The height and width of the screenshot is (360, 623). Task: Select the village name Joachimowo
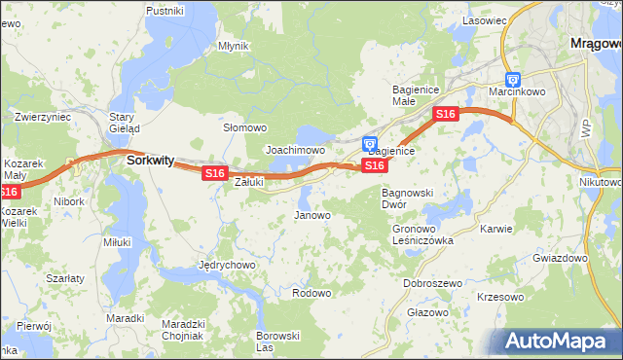point(295,151)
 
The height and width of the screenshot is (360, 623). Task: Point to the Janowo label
point(312,215)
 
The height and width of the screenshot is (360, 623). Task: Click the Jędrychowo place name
point(226,265)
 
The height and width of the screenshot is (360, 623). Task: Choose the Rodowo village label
point(311,293)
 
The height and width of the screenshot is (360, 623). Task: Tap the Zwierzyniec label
point(43,117)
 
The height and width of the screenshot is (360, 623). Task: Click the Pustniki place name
point(165,11)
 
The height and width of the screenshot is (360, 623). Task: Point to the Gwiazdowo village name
point(560,259)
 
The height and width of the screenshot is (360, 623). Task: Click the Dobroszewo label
point(432,283)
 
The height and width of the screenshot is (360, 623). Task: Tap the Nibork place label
point(69,201)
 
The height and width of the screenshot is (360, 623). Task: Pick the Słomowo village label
point(245,127)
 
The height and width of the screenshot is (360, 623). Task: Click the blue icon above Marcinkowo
point(513,81)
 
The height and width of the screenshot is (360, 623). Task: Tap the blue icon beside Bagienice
point(370,144)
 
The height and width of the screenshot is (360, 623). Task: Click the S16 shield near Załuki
point(215,173)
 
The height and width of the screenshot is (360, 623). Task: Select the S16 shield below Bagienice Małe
point(445,114)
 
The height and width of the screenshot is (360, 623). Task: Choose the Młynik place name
point(234,46)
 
